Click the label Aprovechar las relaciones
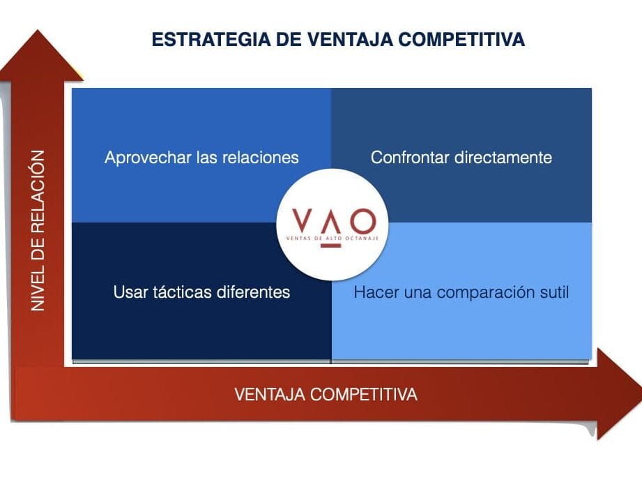point(201,157)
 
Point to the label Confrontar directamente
point(461,157)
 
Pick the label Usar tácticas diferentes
point(201,292)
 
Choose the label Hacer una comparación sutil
point(461,292)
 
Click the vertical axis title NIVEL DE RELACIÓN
point(38,230)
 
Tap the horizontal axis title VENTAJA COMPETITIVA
point(326,394)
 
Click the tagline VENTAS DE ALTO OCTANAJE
point(332,238)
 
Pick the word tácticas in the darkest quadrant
point(176,292)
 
